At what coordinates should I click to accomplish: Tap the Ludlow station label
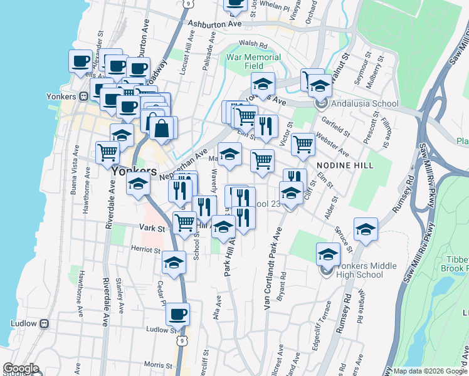[x=24, y=323]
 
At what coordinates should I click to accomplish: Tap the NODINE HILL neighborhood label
[x=345, y=165]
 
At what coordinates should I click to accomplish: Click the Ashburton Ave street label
[x=215, y=24]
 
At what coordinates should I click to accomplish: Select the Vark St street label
[x=152, y=229]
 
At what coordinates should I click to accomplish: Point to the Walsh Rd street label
[x=253, y=45]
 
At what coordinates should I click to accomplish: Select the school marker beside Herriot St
[x=174, y=263]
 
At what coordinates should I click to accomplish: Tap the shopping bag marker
[x=162, y=128]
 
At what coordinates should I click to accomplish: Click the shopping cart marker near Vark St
[x=184, y=222]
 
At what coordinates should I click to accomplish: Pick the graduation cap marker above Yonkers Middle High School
[x=327, y=254]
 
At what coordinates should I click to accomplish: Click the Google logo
[x=20, y=368]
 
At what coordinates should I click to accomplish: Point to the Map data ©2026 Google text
[x=429, y=371]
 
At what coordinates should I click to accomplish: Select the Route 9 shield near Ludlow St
[x=182, y=340]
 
